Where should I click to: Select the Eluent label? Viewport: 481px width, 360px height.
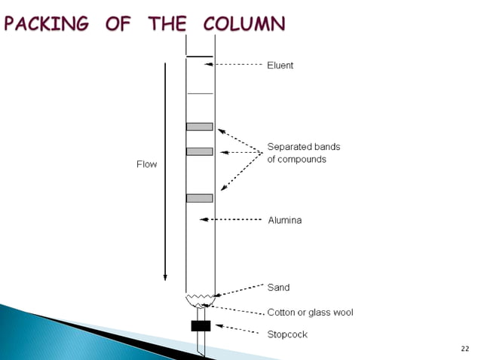click(280, 66)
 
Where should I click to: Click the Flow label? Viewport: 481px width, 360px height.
click(146, 164)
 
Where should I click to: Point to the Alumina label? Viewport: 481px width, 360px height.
click(285, 221)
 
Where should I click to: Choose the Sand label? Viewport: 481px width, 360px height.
click(278, 287)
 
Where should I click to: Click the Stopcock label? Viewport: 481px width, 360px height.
click(287, 334)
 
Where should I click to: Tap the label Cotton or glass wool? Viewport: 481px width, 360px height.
click(310, 312)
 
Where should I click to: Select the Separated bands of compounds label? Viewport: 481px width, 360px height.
click(304, 153)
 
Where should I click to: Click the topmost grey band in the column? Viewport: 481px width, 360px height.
click(200, 127)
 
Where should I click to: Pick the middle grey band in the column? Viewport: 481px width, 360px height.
click(200, 151)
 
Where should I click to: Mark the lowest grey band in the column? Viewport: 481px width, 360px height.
click(200, 198)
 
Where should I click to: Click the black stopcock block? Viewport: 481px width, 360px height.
click(201, 326)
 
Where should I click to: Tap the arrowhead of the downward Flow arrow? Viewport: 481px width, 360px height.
click(165, 276)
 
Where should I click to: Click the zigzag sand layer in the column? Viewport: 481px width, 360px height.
click(200, 297)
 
